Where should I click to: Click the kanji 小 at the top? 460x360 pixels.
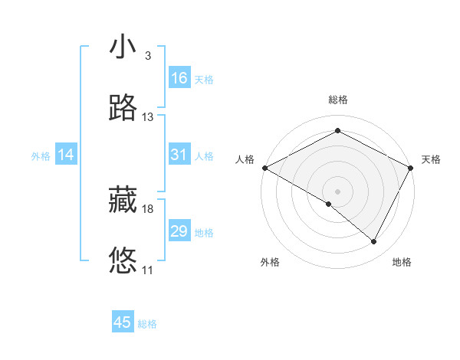point(123,47)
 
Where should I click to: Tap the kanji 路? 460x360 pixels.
point(123,109)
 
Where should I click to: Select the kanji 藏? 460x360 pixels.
point(123,201)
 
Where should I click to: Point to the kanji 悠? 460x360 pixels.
point(123,261)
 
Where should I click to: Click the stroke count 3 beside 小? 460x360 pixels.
point(147,56)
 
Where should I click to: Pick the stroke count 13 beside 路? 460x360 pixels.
point(148,117)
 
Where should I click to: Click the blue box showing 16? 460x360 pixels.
point(179,78)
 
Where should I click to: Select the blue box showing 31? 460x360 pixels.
point(179,155)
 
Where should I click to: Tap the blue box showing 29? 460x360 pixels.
point(179,231)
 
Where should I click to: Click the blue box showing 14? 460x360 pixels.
point(66,155)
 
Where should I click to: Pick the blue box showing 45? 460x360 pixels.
point(123,322)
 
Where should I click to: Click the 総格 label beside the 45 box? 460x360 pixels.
point(147,324)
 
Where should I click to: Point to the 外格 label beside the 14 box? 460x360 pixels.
point(41,156)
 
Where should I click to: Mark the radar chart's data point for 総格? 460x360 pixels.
point(337,131)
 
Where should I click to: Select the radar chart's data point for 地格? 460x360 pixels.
point(374,242)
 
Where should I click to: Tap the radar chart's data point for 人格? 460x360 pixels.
point(264,168)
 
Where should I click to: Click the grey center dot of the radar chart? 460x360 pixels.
point(337,191)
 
